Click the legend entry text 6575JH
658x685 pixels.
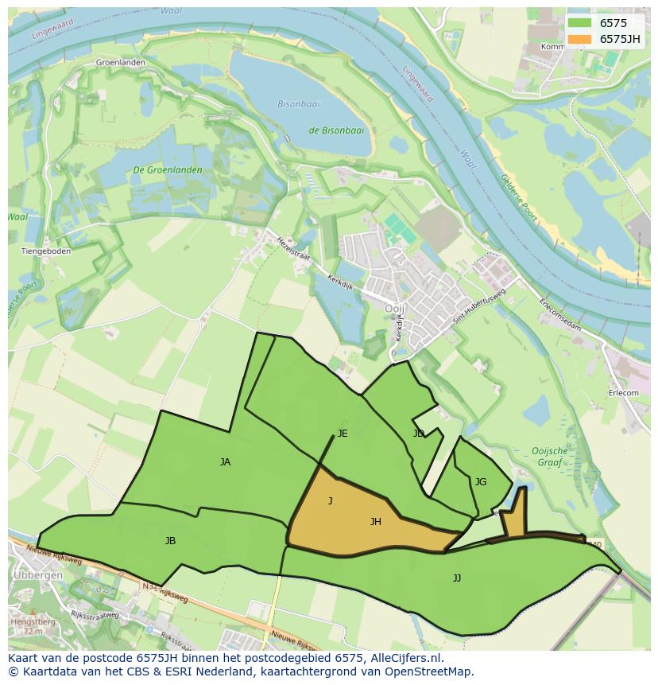pyautogui.click(x=620, y=39)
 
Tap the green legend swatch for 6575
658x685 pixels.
pyautogui.click(x=580, y=23)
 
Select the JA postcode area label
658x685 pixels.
pyautogui.click(x=225, y=461)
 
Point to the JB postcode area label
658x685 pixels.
pyautogui.click(x=170, y=540)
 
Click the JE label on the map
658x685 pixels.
pyautogui.click(x=343, y=434)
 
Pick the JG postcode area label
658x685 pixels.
pyautogui.click(x=480, y=481)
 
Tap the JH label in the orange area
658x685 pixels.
pyautogui.click(x=376, y=522)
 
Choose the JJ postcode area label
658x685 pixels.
pyautogui.click(x=457, y=578)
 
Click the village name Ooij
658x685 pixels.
pyautogui.click(x=395, y=308)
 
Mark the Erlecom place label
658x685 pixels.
pyautogui.click(x=623, y=392)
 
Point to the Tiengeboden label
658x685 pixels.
pyautogui.click(x=45, y=251)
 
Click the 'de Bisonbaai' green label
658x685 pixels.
pyautogui.click(x=336, y=130)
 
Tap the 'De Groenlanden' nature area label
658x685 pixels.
pyautogui.click(x=168, y=170)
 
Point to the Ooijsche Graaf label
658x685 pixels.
pyautogui.click(x=549, y=457)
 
